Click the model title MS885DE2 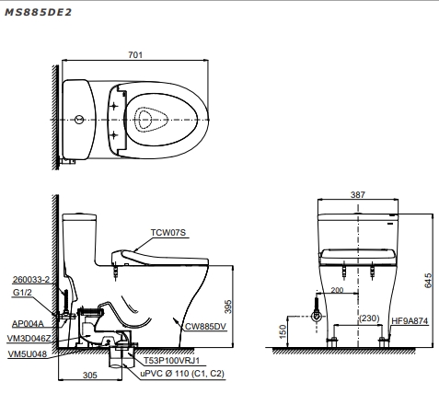pyautogui.click(x=38, y=12)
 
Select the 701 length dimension pyautogui.click(x=135, y=55)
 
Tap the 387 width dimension pyautogui.click(x=358, y=194)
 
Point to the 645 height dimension pyautogui.click(x=428, y=281)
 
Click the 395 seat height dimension pyautogui.click(x=228, y=307)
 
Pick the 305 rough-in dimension pyautogui.click(x=90, y=375)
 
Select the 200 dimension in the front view pyautogui.click(x=337, y=290)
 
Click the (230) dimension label pyautogui.click(x=369, y=318)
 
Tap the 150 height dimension pyautogui.click(x=283, y=331)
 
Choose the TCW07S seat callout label pyautogui.click(x=168, y=233)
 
